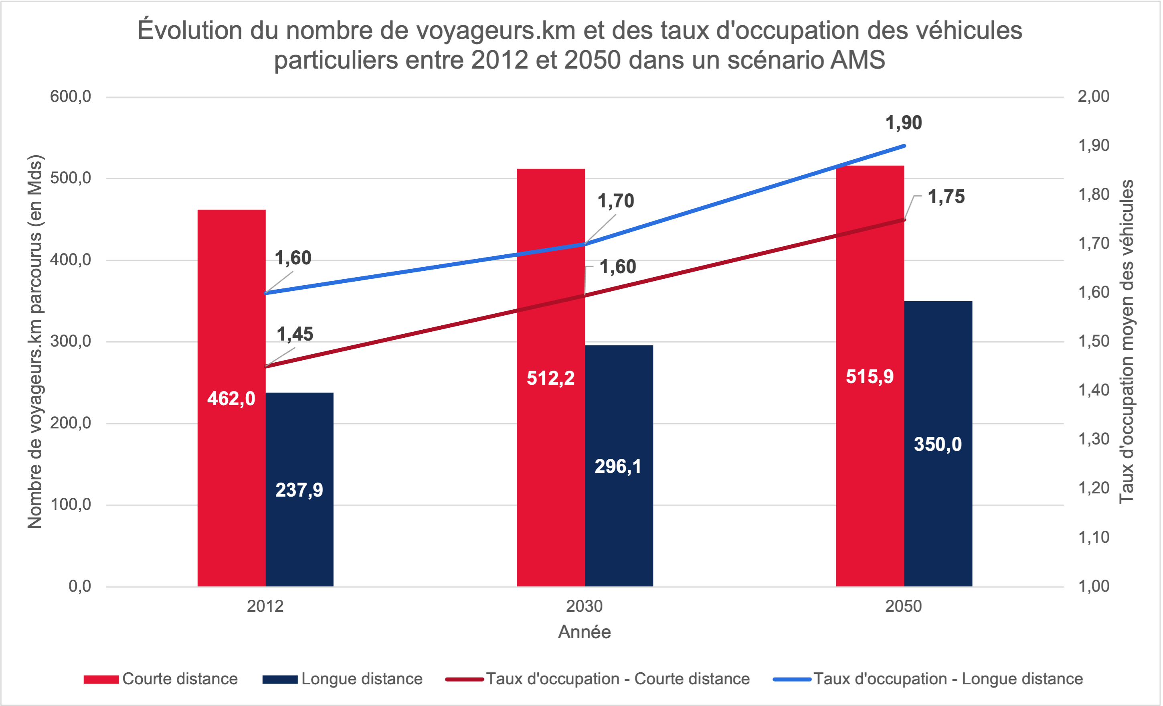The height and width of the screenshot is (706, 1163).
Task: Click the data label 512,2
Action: point(550,378)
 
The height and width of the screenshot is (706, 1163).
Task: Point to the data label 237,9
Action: point(299,490)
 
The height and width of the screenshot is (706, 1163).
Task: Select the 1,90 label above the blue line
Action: point(903,123)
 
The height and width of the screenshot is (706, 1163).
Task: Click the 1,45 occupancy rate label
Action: point(295,334)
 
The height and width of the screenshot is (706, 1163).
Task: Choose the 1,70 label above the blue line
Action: point(616,201)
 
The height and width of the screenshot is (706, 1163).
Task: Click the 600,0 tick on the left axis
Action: point(71,97)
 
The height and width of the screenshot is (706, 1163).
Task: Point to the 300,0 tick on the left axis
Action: point(71,341)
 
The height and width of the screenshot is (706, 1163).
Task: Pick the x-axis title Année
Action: point(585,632)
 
